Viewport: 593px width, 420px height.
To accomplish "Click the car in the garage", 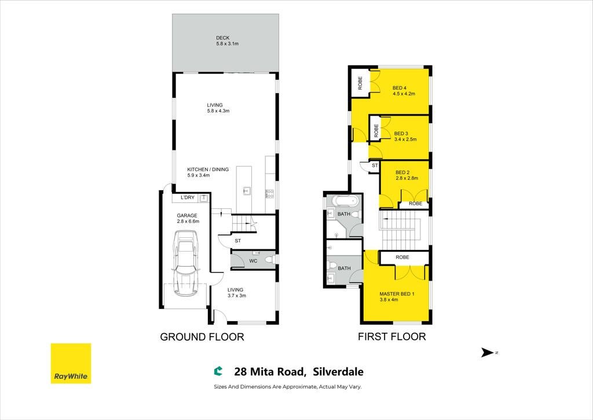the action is pos(186,264).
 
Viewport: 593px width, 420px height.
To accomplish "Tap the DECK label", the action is pos(223,38).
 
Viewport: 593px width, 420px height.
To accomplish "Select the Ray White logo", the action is pos(71,363).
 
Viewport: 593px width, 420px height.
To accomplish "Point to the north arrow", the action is pos(488,353).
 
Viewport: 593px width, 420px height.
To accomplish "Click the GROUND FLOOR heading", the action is pos(202,337).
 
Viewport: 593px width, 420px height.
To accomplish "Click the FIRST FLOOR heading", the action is pos(392,337).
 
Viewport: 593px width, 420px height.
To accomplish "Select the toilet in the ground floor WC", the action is pos(269,260).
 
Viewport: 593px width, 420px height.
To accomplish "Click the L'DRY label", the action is pos(188,197).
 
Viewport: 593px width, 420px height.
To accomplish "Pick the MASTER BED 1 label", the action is pos(397,294).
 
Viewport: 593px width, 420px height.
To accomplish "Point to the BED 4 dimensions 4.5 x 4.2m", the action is pos(404,94).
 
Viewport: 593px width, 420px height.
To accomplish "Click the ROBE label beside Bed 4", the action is pos(360,83).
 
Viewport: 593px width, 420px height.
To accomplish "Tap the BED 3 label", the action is pos(401,133).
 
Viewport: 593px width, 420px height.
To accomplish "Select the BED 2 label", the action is pos(402,172).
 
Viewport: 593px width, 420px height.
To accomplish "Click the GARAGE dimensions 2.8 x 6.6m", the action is pos(188,222).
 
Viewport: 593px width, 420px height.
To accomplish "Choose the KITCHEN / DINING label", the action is pos(208,170).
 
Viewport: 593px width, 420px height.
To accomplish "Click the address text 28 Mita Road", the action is pos(270,372).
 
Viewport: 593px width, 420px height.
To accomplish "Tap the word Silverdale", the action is pos(338,372).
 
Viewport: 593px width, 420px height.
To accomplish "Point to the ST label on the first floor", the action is pos(375,165).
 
